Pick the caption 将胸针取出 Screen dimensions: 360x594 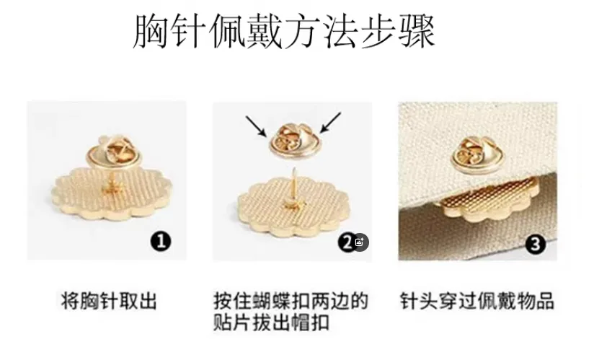point(109,299)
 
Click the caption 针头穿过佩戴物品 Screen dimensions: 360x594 point(476,299)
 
